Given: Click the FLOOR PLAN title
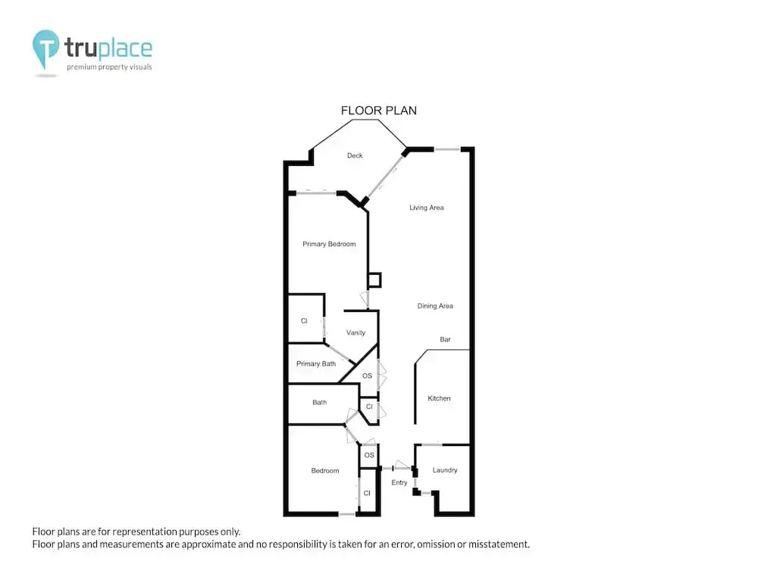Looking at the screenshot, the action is (x=378, y=111).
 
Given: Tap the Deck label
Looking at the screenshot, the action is (x=355, y=155).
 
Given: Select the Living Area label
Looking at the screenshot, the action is (x=426, y=208).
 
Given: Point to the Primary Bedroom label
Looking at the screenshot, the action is (x=329, y=244).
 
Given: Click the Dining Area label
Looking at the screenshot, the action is (x=435, y=306).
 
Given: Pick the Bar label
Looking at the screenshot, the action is (x=445, y=339).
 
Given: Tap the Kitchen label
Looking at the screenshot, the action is (x=439, y=398).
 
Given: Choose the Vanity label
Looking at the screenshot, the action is (x=356, y=332).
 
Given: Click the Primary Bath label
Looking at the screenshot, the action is (x=316, y=364).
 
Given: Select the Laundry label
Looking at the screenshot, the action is (x=445, y=470).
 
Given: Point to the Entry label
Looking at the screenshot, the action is (x=399, y=482).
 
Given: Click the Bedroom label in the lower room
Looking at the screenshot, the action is (x=325, y=470).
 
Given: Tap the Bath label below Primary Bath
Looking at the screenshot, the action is (x=320, y=402).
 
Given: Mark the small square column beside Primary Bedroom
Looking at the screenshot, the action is (x=374, y=280).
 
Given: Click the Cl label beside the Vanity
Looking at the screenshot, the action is (x=304, y=320).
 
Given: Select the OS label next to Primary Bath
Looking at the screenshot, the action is (x=368, y=376).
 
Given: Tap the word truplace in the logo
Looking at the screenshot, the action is (x=108, y=48).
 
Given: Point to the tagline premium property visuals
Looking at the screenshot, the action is (x=109, y=67).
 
